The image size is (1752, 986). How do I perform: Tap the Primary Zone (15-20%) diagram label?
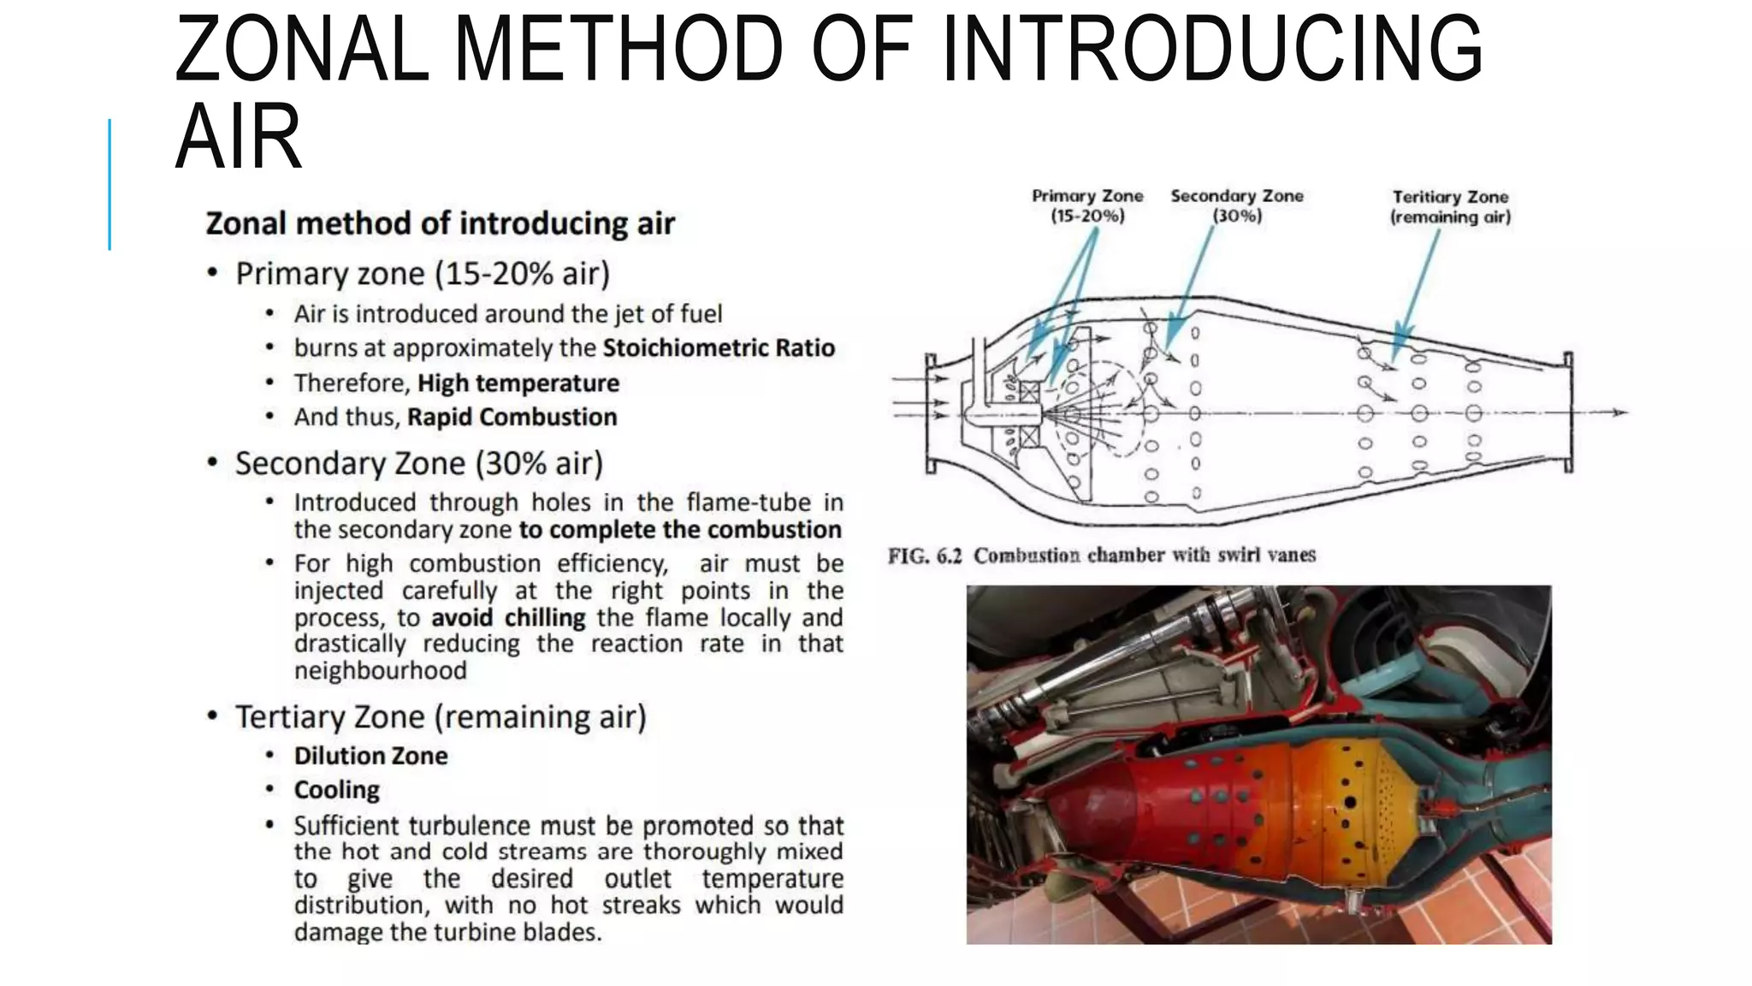coord(1087,205)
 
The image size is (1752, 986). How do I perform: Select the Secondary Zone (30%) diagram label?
coord(1237,205)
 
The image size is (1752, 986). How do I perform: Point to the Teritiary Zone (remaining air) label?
coord(1450,206)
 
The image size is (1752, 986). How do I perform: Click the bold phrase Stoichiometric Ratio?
coord(719,348)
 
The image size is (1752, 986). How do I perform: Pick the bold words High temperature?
coord(518,383)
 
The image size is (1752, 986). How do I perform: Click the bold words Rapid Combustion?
coord(512,417)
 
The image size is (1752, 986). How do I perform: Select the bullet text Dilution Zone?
coord(370,756)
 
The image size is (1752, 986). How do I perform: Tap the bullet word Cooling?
coord(336,790)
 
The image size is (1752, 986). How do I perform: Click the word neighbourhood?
coord(380,670)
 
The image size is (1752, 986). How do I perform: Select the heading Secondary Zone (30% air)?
coord(418,463)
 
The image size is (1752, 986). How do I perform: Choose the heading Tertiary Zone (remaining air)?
coord(441,716)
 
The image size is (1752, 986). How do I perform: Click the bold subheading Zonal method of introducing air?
coord(440,223)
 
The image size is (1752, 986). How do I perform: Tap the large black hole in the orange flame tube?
coord(1350,803)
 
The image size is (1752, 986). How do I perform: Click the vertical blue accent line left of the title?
coord(109,184)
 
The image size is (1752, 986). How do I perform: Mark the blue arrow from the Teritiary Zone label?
coord(1417,291)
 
